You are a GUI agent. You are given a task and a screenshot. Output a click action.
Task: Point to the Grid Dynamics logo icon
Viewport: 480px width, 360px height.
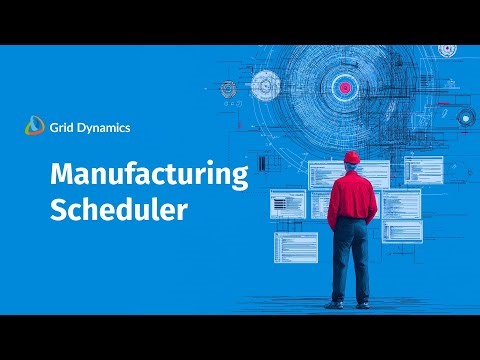click(35, 126)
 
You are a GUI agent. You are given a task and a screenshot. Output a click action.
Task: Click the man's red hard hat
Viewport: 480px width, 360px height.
click(350, 158)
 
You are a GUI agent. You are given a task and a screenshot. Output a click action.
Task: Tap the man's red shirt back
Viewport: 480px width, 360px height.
click(351, 195)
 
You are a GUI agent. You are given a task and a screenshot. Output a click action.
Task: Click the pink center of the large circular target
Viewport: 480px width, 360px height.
click(346, 88)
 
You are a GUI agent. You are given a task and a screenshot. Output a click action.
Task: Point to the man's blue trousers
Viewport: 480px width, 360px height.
click(351, 260)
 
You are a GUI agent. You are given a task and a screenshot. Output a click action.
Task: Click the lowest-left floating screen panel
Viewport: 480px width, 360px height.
click(295, 247)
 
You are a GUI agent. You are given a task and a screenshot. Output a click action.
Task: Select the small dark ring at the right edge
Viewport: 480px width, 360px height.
click(465, 117)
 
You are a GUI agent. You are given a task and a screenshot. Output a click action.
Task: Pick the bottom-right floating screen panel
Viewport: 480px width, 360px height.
click(401, 230)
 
